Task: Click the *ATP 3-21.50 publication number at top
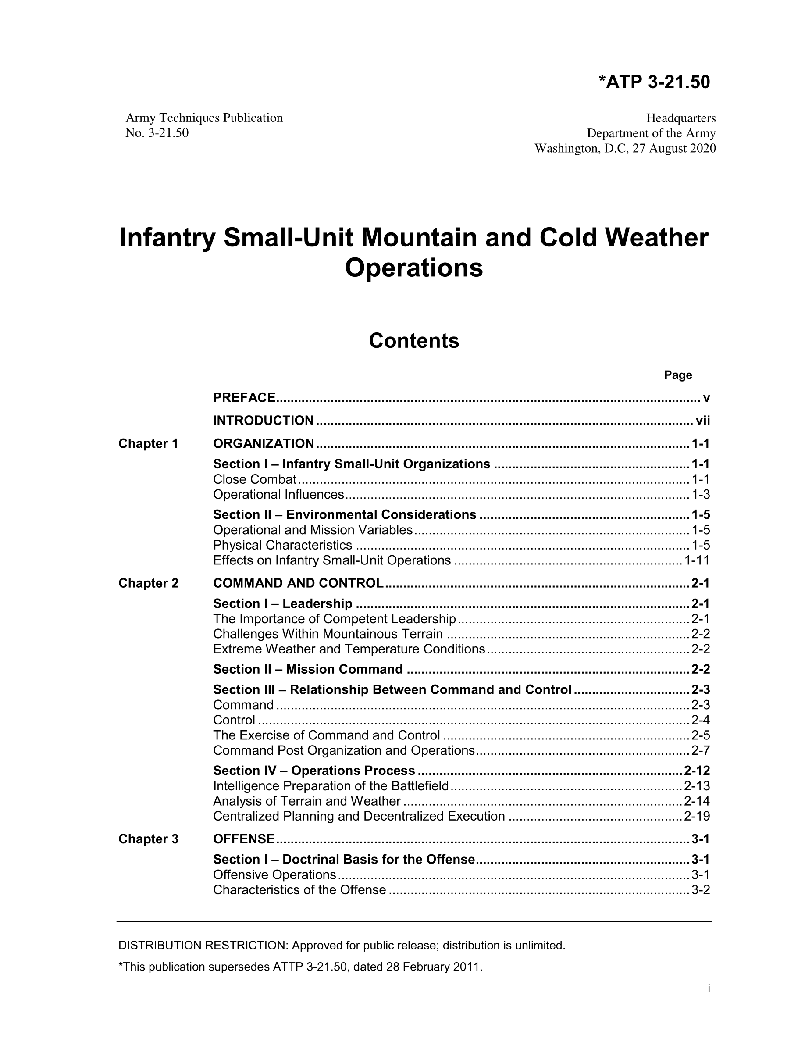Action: (x=654, y=82)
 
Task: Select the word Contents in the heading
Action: (x=413, y=341)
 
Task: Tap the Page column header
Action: (x=678, y=375)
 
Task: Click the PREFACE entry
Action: (x=244, y=397)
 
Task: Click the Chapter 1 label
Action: (x=148, y=444)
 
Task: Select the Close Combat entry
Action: (x=255, y=479)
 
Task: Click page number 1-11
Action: (x=697, y=560)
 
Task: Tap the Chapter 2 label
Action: (x=148, y=583)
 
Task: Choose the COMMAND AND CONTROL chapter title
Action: (x=298, y=583)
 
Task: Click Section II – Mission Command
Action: (x=308, y=669)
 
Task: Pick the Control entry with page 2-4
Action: (x=234, y=720)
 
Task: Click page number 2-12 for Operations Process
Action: (x=697, y=771)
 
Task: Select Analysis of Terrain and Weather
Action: (x=306, y=801)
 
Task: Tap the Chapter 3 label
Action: (x=148, y=839)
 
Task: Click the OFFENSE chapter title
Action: (x=244, y=839)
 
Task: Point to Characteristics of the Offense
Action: (x=299, y=890)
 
